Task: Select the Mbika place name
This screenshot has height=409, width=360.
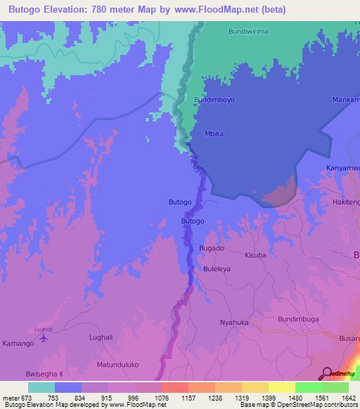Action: (213, 132)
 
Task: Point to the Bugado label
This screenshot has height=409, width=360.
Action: (212, 249)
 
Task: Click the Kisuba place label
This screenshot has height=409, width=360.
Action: (255, 255)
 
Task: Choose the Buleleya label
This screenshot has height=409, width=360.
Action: (217, 269)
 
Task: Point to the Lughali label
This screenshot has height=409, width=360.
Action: (101, 337)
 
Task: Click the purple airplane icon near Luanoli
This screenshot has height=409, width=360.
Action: (44, 338)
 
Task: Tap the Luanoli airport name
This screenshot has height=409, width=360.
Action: (44, 328)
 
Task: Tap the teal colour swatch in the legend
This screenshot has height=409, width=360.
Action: (41, 387)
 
